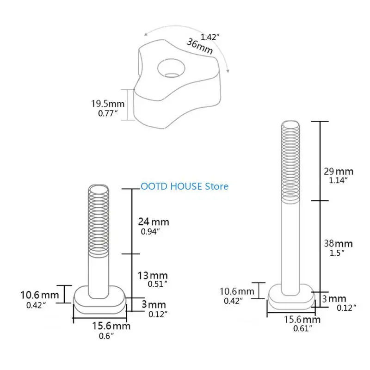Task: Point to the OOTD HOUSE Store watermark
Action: coord(185,186)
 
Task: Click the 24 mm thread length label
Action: coord(154,222)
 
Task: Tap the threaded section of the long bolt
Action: coord(290,162)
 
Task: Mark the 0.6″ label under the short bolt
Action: coord(105,336)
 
